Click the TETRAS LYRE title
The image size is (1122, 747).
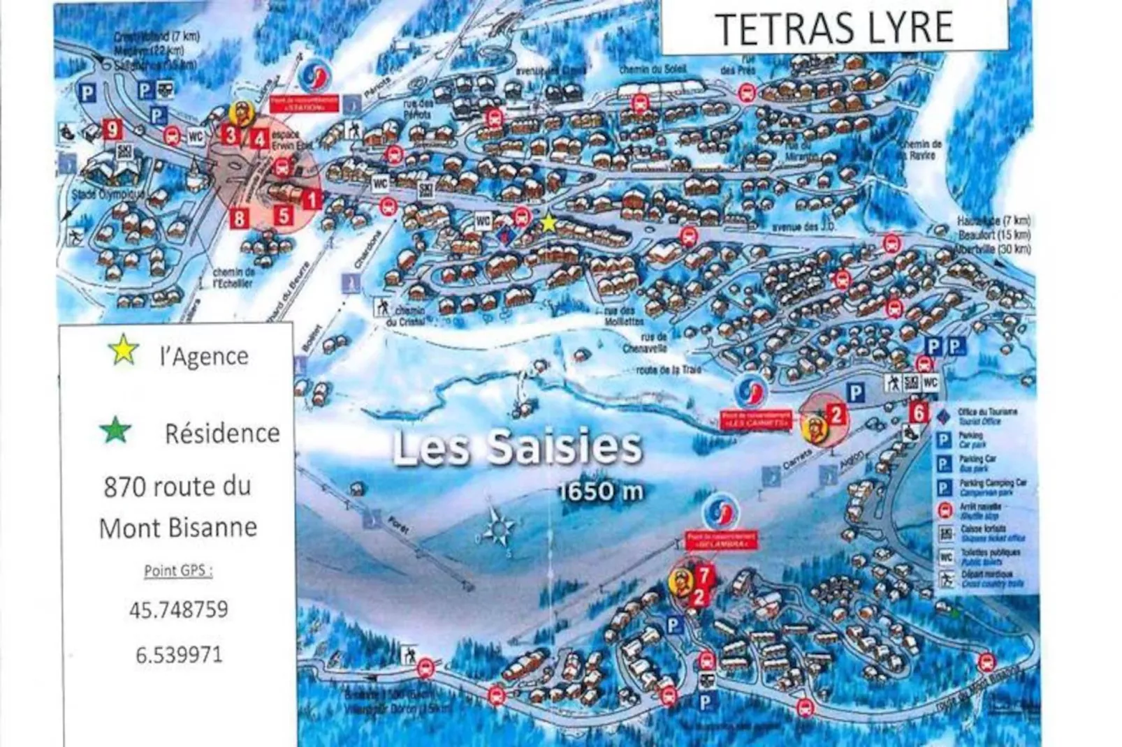pyautogui.click(x=834, y=28)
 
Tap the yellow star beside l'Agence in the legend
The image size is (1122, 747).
pyautogui.click(x=124, y=350)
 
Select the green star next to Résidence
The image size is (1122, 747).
pyautogui.click(x=115, y=431)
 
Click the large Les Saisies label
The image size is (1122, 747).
pyautogui.click(x=517, y=448)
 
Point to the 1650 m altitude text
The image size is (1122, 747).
pyautogui.click(x=601, y=491)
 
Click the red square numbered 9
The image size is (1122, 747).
pyautogui.click(x=112, y=129)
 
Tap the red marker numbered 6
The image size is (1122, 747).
pyautogui.click(x=919, y=413)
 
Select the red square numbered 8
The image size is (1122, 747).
pyautogui.click(x=240, y=218)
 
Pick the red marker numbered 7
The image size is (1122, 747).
pyautogui.click(x=705, y=575)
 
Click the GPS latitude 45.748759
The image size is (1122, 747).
pyautogui.click(x=179, y=609)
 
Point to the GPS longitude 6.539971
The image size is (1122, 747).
pyautogui.click(x=179, y=655)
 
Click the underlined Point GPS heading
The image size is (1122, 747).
pyautogui.click(x=178, y=570)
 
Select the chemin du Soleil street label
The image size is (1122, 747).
pyautogui.click(x=653, y=70)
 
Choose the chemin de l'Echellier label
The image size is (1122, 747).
pyautogui.click(x=233, y=277)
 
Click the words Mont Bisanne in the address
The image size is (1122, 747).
pyautogui.click(x=178, y=527)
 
